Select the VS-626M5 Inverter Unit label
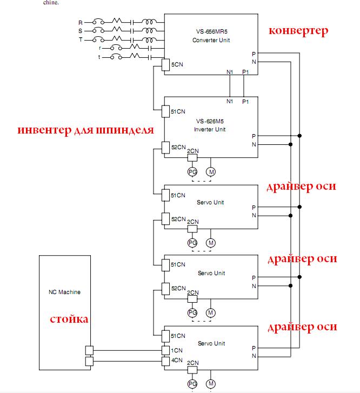pyautogui.click(x=211, y=125)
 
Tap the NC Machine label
pyautogui.click(x=64, y=292)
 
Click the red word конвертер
pyautogui.click(x=299, y=31)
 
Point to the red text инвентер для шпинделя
pyautogui.click(x=85, y=130)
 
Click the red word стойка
pyautogui.click(x=69, y=319)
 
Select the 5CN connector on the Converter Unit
pyautogui.click(x=166, y=65)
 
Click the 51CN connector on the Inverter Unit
pyautogui.click(x=166, y=111)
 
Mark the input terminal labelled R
pyautogui.click(x=81, y=23)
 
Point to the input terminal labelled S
pyautogui.click(x=81, y=31)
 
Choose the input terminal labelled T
pyautogui.click(x=81, y=40)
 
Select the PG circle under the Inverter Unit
pyautogui.click(x=192, y=172)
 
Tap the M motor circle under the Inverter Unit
pyautogui.click(x=211, y=172)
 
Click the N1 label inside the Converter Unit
pyautogui.click(x=229, y=71)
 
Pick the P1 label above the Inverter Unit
pyautogui.click(x=245, y=101)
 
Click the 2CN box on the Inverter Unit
pyautogui.click(x=192, y=158)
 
